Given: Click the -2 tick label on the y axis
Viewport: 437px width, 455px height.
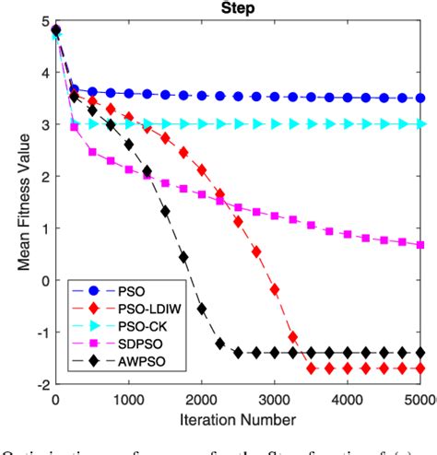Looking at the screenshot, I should click(x=40, y=384).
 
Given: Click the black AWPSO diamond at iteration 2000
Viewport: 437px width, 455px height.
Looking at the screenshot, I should click(x=202, y=309).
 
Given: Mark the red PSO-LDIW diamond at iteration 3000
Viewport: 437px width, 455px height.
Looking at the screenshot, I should click(x=275, y=289).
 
